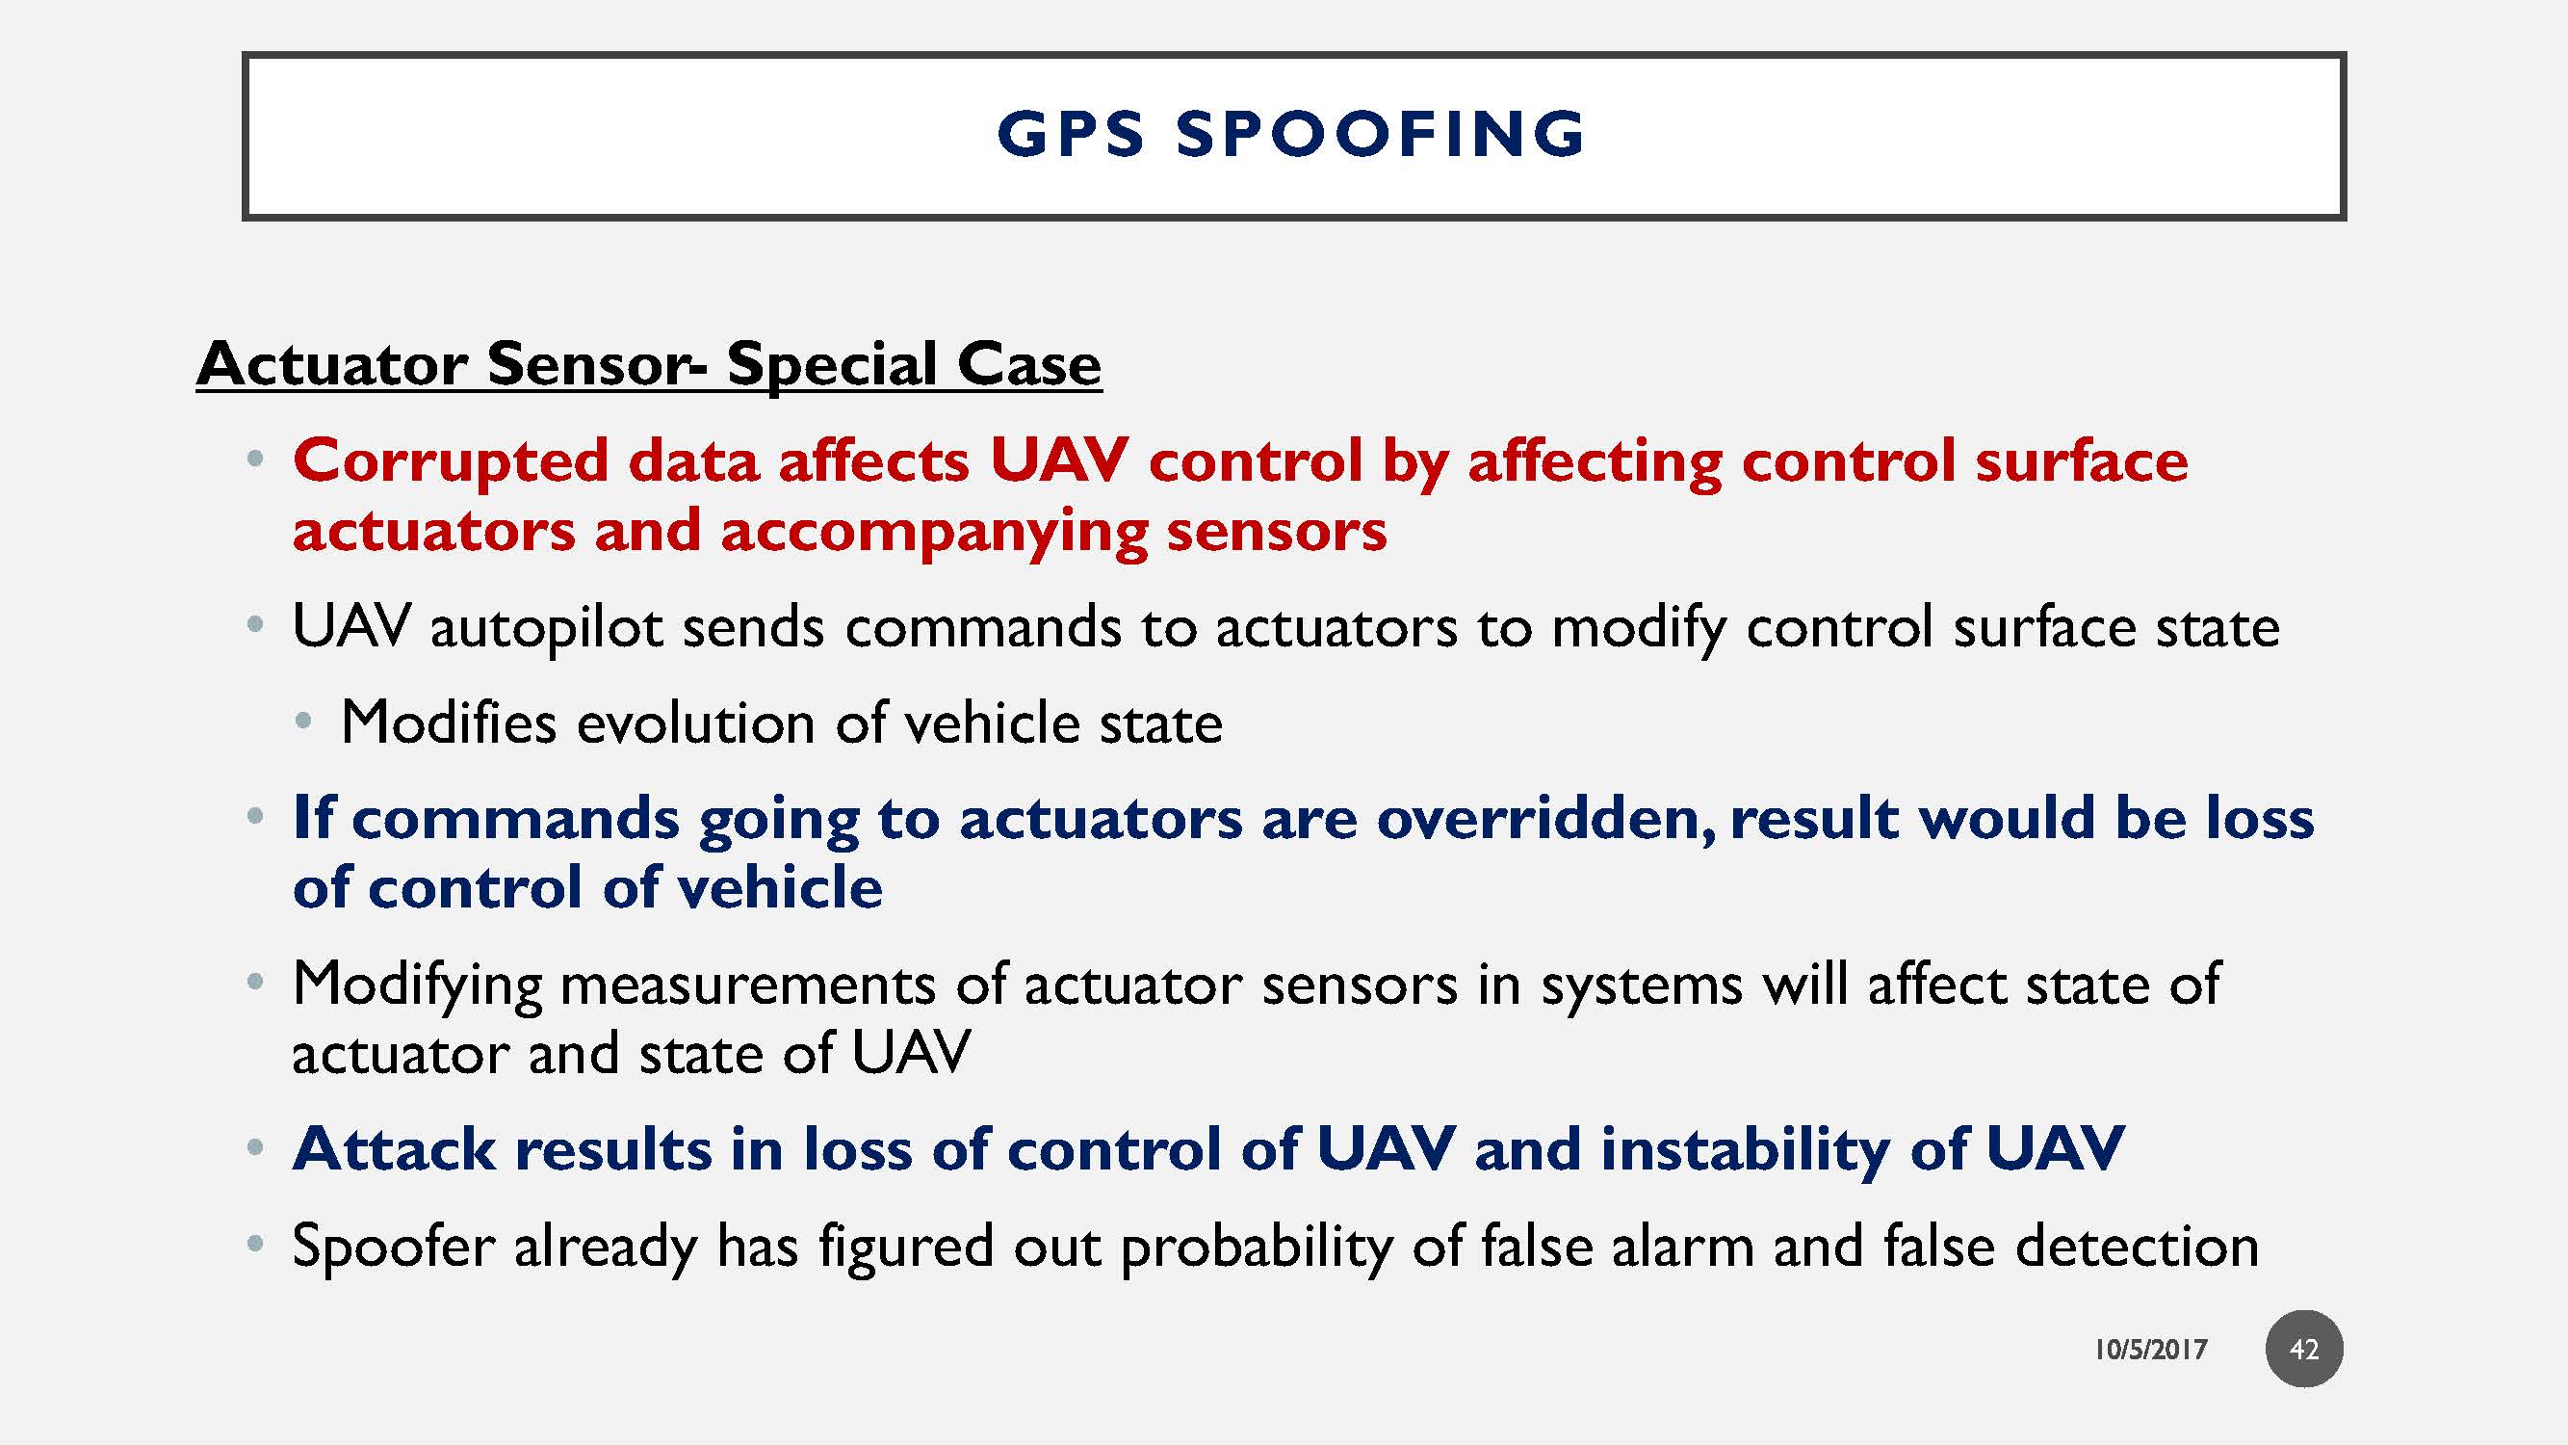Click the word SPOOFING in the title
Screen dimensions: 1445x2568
pos(1381,135)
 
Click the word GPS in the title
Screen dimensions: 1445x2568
pos(1071,135)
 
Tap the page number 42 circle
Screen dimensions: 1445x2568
pos(2304,1350)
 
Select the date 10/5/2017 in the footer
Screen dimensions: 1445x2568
pos(2150,1351)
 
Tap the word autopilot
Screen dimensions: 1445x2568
pos(546,628)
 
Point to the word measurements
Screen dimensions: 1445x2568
pos(747,985)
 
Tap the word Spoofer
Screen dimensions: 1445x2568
pos(393,1247)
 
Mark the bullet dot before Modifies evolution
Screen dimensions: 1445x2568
pos(304,721)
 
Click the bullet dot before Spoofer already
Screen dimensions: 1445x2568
pos(255,1245)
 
